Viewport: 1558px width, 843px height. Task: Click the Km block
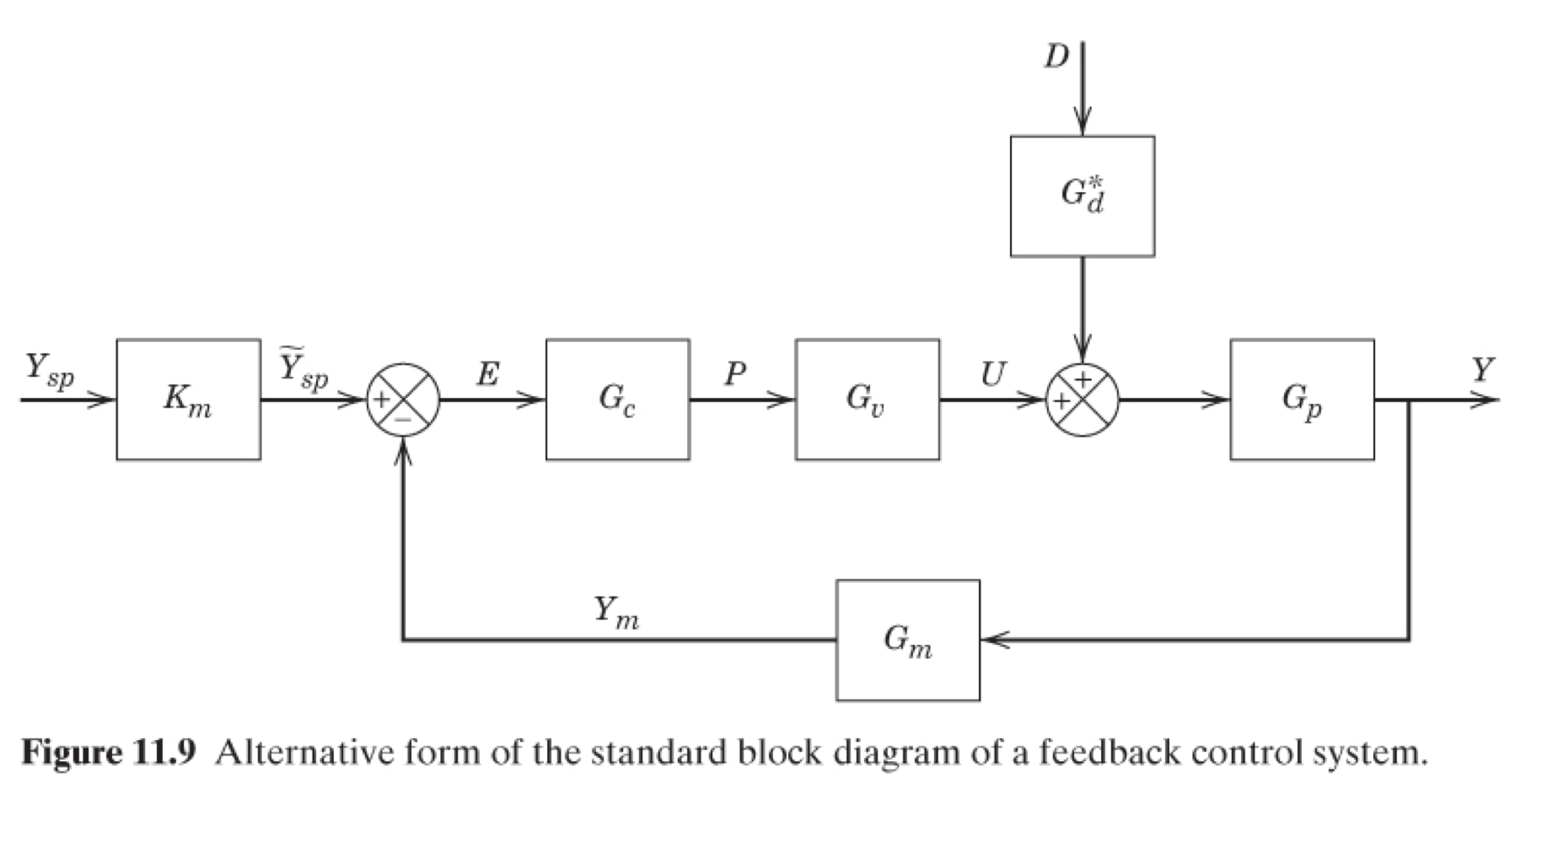click(x=188, y=400)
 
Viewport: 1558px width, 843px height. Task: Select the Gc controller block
click(x=617, y=400)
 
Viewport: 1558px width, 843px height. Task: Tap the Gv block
click(x=867, y=400)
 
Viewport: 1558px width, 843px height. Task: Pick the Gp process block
click(x=1302, y=400)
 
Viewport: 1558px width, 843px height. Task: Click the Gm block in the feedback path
click(x=908, y=640)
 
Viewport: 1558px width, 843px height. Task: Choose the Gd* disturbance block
click(x=1083, y=196)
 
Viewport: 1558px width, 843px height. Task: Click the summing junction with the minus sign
click(x=403, y=400)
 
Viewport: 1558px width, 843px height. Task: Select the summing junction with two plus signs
click(x=1083, y=400)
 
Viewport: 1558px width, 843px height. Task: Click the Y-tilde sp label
click(x=304, y=369)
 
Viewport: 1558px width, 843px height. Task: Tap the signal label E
click(x=487, y=373)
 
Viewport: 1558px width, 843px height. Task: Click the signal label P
click(x=735, y=373)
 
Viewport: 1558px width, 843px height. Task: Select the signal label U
click(x=993, y=373)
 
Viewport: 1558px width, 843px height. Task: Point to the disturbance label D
click(x=1056, y=56)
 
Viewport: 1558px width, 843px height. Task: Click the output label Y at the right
click(x=1482, y=370)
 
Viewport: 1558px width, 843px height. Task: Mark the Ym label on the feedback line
click(x=615, y=612)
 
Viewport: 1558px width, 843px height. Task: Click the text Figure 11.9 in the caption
click(x=108, y=752)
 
